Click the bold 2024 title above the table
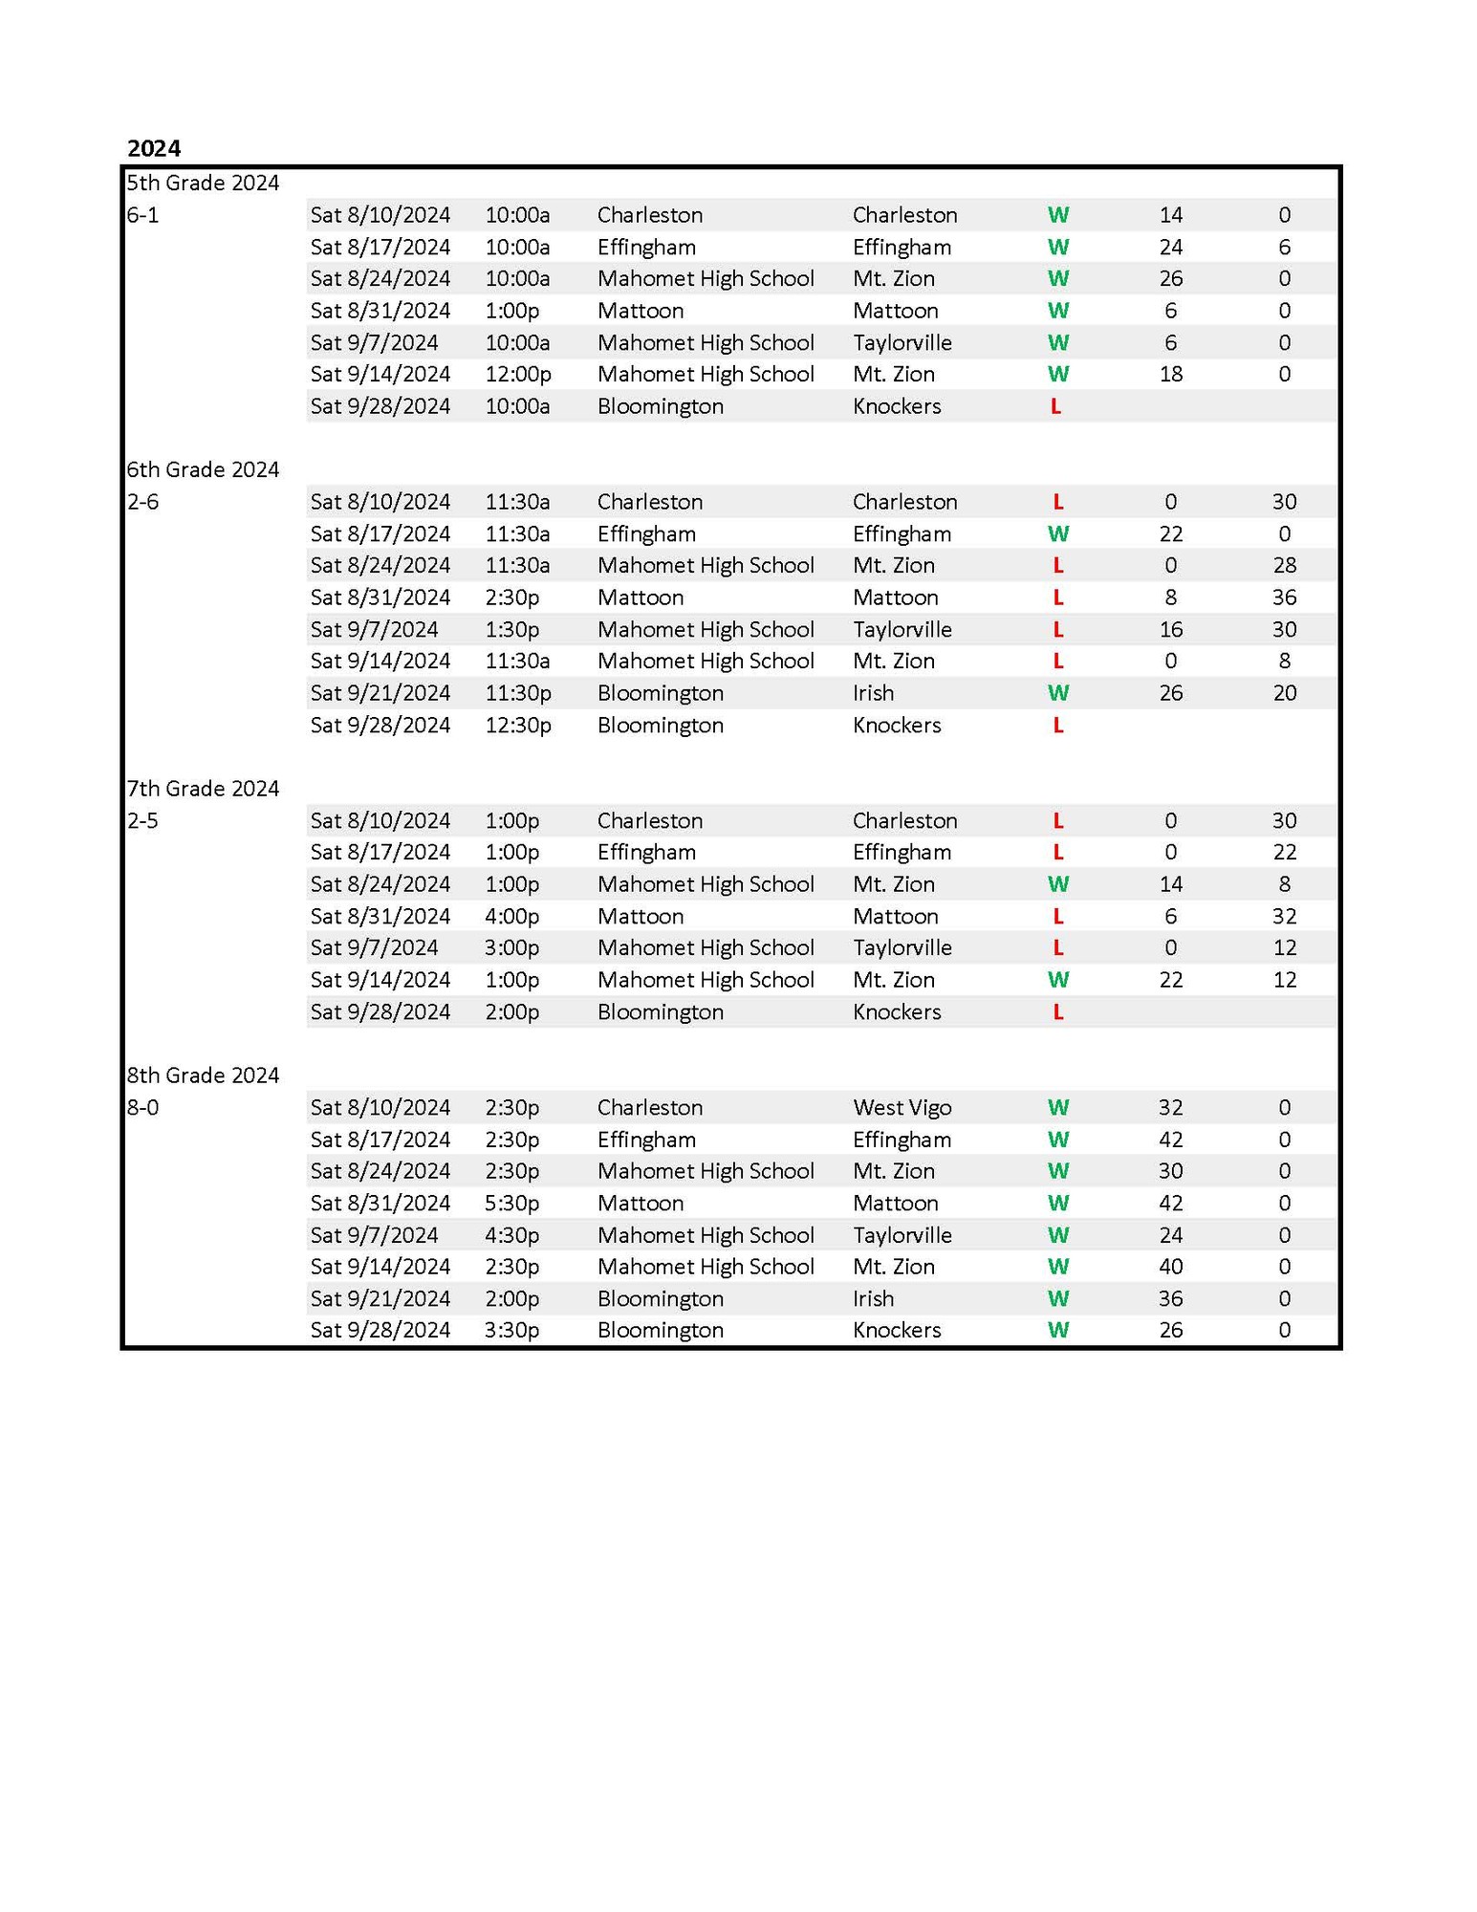coord(154,148)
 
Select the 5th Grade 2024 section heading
coord(203,183)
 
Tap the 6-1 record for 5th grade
coord(142,215)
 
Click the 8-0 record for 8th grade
coord(142,1107)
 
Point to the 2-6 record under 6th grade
coord(142,502)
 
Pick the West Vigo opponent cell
coord(901,1107)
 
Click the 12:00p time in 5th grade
coord(517,374)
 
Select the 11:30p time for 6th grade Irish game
coord(517,693)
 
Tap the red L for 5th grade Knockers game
coord(1055,406)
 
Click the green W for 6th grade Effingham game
coord(1057,533)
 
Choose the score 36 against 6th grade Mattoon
coord(1284,597)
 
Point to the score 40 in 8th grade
coord(1170,1267)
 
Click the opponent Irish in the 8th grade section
coord(873,1298)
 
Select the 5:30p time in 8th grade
coord(511,1203)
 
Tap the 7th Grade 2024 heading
coord(203,789)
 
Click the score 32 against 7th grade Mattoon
coord(1284,916)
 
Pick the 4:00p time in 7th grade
coord(511,916)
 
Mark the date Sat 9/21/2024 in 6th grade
coord(380,693)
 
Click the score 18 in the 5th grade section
coord(1170,374)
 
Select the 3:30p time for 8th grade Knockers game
coord(511,1330)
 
